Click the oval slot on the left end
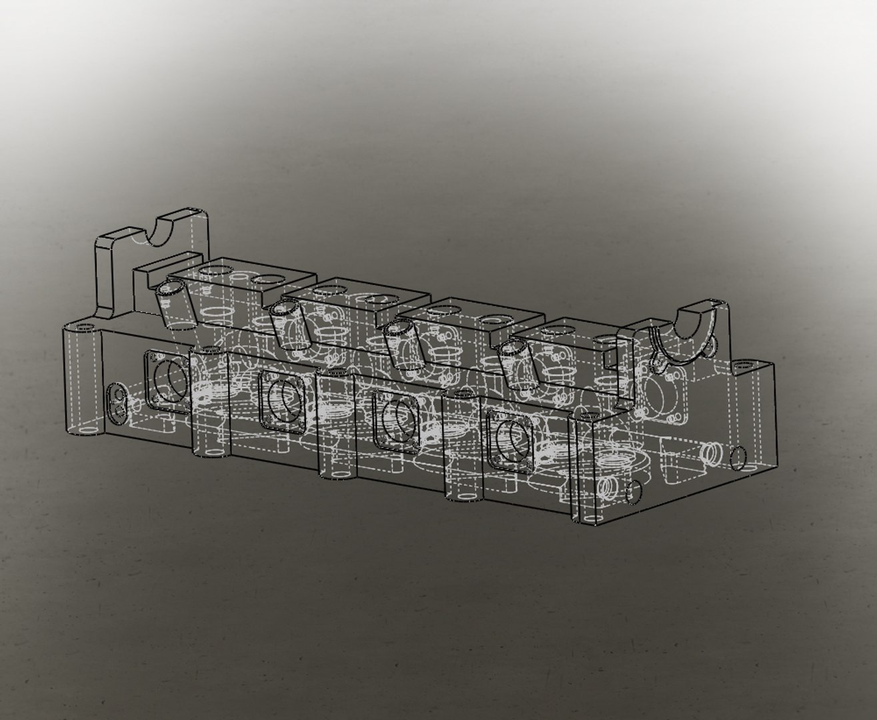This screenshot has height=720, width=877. (119, 403)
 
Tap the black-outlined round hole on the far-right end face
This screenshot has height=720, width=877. (738, 457)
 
